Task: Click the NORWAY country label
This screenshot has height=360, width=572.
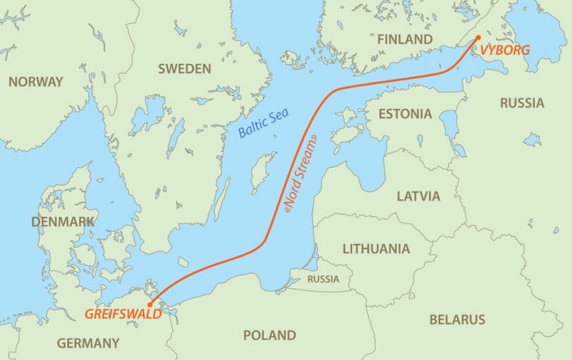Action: click(36, 82)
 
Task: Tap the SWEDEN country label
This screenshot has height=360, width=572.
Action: click(185, 69)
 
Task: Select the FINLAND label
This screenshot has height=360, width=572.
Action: click(404, 39)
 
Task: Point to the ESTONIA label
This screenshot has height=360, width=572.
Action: click(404, 114)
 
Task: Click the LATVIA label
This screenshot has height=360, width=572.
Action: click(419, 197)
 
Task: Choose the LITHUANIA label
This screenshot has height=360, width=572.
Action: click(375, 248)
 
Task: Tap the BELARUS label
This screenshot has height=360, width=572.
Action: click(457, 320)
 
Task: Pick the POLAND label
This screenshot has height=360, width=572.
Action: click(269, 335)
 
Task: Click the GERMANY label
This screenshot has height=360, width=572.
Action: click(89, 344)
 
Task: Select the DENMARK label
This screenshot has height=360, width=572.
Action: click(63, 222)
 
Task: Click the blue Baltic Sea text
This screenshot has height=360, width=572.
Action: click(265, 124)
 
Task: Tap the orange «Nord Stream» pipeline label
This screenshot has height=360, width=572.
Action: click(299, 175)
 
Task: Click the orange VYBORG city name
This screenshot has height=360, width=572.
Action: click(507, 50)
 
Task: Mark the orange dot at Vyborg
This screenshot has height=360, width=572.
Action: click(478, 37)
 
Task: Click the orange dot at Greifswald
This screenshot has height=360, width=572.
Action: click(150, 304)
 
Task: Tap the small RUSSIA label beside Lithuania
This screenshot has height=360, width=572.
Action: click(323, 280)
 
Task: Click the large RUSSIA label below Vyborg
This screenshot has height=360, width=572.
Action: click(521, 103)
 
